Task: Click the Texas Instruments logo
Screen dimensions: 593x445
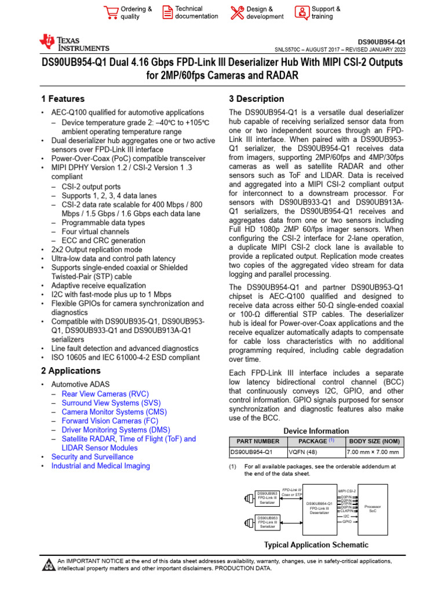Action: click(x=74, y=43)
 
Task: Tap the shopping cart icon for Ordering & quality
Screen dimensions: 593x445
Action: click(x=110, y=12)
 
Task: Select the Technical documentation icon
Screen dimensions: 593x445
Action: click(x=167, y=12)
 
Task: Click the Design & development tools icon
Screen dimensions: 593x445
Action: click(x=237, y=12)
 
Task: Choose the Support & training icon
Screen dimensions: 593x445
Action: click(x=302, y=12)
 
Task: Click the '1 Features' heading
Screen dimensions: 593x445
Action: click(x=63, y=99)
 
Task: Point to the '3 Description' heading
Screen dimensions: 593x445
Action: click(x=257, y=99)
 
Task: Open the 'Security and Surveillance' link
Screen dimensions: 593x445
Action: click(x=92, y=457)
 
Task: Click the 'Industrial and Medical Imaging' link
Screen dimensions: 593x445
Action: click(x=100, y=466)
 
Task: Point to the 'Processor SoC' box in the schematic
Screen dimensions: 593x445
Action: click(x=373, y=509)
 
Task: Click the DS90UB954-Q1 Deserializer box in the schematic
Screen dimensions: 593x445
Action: click(x=319, y=508)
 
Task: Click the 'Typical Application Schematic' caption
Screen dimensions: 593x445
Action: click(x=316, y=545)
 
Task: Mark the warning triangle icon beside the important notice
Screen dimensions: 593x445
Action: click(x=48, y=565)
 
